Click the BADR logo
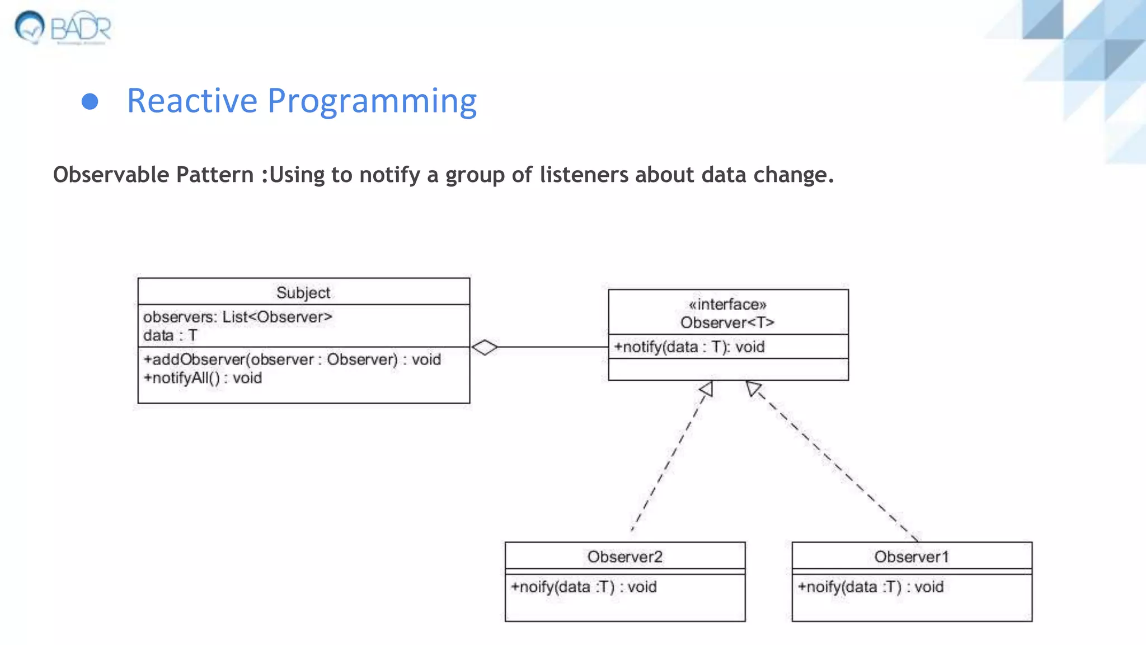[63, 27]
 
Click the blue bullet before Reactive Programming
[90, 102]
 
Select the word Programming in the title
[372, 102]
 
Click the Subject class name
[303, 292]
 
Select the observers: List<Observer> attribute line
[237, 317]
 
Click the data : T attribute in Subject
[170, 335]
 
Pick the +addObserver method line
[292, 359]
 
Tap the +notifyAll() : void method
[203, 378]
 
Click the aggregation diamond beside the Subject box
[485, 347]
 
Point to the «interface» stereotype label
[727, 305]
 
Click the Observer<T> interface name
[727, 322]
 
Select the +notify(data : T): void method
[689, 347]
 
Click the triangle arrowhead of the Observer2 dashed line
[706, 389]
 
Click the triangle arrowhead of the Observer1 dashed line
[753, 388]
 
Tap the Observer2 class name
[625, 557]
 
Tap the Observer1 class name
[912, 557]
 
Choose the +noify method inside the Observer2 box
[584, 587]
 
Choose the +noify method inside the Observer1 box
[871, 587]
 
